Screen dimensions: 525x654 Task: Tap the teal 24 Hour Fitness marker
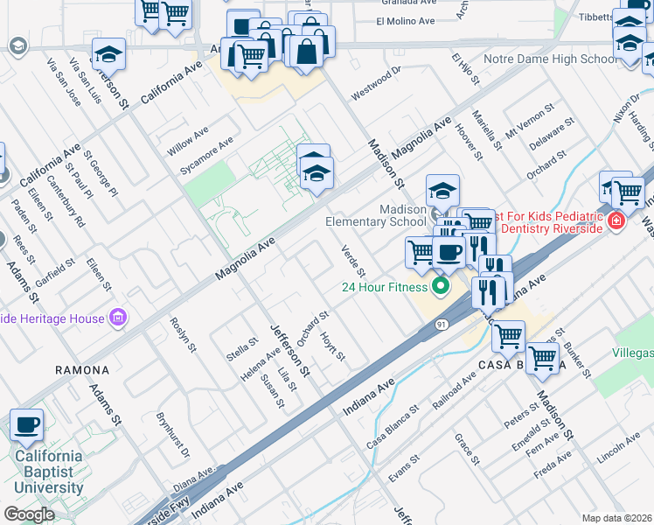441,286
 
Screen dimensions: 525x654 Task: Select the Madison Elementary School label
377,215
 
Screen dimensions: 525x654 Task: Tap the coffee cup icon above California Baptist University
26,425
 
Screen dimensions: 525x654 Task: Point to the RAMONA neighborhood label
82,370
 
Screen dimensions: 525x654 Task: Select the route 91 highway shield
442,325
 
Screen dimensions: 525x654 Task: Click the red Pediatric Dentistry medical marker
617,221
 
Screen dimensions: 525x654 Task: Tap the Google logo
29,514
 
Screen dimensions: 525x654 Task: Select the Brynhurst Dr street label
172,435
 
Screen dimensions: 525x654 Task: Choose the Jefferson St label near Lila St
289,347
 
